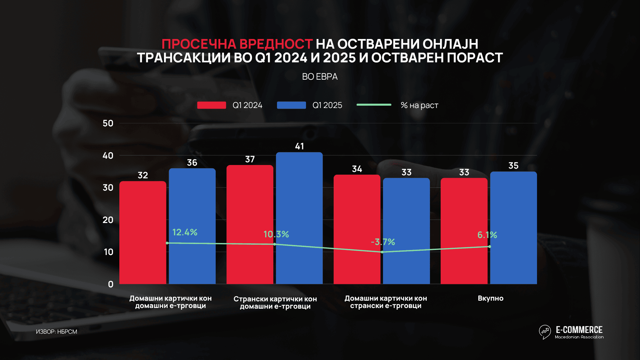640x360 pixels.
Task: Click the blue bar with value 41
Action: point(299,218)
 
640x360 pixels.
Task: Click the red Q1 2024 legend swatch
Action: point(211,105)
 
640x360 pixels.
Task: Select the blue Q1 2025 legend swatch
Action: point(291,105)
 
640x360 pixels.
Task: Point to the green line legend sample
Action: point(374,105)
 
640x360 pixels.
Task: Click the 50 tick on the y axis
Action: point(108,123)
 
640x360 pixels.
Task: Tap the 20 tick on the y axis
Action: point(108,220)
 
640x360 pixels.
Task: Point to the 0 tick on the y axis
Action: point(111,284)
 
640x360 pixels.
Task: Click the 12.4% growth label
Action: point(185,232)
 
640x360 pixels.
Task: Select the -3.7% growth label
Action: point(383,242)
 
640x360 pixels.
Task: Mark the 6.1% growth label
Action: point(487,235)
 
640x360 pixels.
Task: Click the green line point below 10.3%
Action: point(274,244)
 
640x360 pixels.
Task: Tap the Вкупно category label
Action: point(490,298)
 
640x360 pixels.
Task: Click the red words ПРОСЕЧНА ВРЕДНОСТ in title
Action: point(237,44)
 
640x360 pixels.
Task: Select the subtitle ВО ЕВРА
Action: point(320,77)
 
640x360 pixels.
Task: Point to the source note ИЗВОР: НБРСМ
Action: point(57,332)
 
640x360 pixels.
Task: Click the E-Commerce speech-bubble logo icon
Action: point(545,332)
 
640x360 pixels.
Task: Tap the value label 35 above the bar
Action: point(513,166)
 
